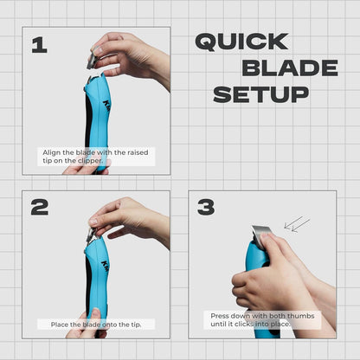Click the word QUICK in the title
point(241,42)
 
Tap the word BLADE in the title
point(290,68)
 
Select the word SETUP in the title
point(261,94)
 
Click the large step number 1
point(40,45)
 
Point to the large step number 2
point(40,207)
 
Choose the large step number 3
point(206,207)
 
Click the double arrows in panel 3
point(297,224)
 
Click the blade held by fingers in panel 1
point(93,59)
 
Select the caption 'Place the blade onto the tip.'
point(96,325)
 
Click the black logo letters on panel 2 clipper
point(105,267)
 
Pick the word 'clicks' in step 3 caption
point(244,324)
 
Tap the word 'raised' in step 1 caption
point(138,152)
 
